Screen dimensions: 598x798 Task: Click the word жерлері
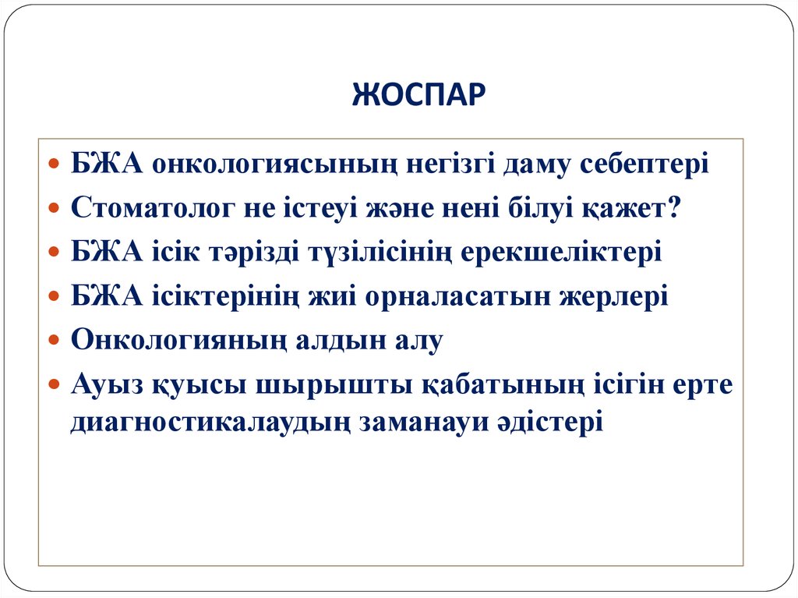pyautogui.click(x=613, y=297)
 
